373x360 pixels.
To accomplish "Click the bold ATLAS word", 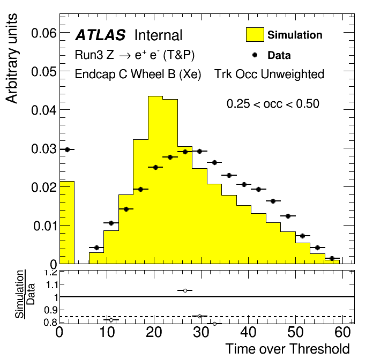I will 100,35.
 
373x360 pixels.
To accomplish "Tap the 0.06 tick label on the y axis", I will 43,33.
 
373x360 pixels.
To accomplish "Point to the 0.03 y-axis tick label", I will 43,149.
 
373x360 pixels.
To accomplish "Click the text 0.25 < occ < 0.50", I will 273,104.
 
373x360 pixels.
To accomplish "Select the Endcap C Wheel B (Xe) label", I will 138,74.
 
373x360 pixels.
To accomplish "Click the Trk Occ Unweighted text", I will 269,74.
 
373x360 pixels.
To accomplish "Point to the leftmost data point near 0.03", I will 68,149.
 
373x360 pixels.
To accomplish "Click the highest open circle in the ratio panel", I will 185,290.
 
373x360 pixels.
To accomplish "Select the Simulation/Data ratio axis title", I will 25,295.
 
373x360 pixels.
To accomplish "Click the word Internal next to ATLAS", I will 158,35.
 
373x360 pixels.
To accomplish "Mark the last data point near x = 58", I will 332,258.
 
